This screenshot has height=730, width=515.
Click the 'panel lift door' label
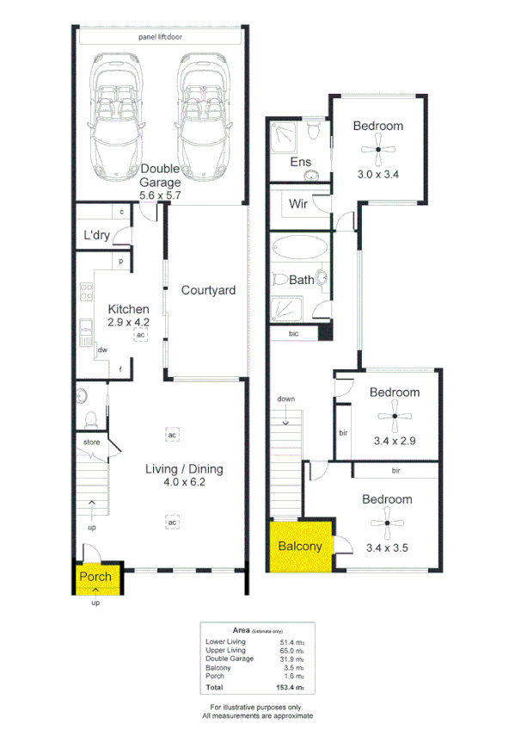pyautogui.click(x=160, y=38)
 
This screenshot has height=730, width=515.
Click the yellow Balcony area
pyautogui.click(x=299, y=546)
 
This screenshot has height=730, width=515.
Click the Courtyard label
pyautogui.click(x=208, y=291)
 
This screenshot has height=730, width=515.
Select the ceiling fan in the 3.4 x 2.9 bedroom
pyautogui.click(x=395, y=418)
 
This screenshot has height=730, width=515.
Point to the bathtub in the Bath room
pyautogui.click(x=300, y=248)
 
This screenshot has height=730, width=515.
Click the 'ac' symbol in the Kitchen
pyautogui.click(x=139, y=336)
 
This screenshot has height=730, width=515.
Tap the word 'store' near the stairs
pyautogui.click(x=92, y=442)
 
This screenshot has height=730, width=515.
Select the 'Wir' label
pyautogui.click(x=298, y=204)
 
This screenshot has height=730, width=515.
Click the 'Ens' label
pyautogui.click(x=299, y=162)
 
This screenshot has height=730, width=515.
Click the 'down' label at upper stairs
pyautogui.click(x=287, y=399)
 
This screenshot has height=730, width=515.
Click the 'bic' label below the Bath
pyautogui.click(x=293, y=333)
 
